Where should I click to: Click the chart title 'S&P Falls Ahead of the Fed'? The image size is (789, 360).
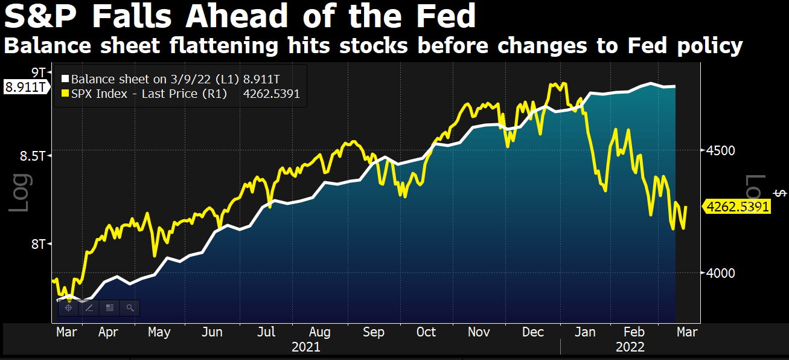240,17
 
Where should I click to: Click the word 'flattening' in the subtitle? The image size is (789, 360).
217,46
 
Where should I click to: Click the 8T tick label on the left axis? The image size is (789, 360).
39,243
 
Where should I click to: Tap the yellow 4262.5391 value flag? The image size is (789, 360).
738,207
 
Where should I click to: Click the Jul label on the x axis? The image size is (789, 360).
266,332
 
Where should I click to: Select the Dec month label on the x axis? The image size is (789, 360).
533,332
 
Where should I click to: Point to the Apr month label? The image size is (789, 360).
108,332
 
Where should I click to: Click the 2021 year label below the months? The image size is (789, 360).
305,347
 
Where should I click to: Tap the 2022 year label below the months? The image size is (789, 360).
630,347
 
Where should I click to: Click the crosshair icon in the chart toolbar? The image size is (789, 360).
68,308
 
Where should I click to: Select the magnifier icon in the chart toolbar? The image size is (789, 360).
130,308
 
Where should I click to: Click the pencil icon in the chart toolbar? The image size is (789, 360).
89,308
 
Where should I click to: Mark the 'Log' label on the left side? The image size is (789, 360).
19,192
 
